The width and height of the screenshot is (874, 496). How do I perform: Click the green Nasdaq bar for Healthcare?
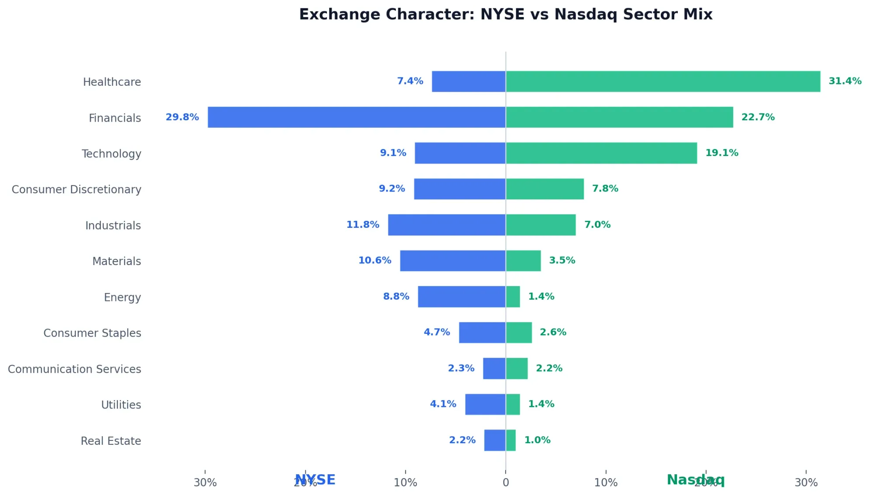(663, 81)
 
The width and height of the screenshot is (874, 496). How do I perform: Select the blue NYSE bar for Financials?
(357, 117)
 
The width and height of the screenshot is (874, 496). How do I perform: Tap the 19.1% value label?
(721, 153)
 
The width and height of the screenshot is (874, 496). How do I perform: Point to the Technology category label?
(111, 154)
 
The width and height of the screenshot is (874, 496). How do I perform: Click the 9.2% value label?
(392, 189)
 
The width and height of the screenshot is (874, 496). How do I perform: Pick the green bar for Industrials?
(541, 225)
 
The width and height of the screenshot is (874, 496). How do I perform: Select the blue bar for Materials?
(453, 261)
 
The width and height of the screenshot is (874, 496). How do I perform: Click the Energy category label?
(122, 297)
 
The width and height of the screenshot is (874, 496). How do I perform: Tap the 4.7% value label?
(437, 332)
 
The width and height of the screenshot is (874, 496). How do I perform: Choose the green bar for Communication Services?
(517, 369)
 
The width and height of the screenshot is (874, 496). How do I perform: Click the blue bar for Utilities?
(485, 405)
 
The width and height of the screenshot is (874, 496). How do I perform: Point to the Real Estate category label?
(111, 441)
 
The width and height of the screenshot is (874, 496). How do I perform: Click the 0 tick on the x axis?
(506, 483)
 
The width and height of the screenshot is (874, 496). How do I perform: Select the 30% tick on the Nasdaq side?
(806, 483)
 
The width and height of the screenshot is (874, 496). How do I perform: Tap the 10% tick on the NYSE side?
(405, 483)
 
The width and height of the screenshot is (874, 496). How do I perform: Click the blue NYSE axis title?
(315, 480)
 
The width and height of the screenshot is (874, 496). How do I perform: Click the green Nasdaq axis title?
(695, 480)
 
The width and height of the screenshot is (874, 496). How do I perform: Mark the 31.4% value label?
(845, 81)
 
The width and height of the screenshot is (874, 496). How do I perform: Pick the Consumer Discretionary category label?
(76, 189)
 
